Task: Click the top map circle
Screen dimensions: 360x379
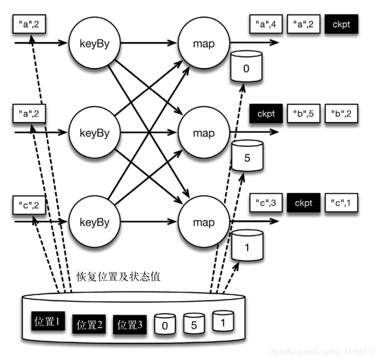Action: pos(204,43)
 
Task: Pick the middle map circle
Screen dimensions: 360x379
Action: pos(204,132)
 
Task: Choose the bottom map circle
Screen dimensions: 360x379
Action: pos(204,222)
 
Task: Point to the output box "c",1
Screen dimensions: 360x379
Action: pos(341,203)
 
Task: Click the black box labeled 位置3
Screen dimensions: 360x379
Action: pos(130,325)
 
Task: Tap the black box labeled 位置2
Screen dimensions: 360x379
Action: pos(89,325)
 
